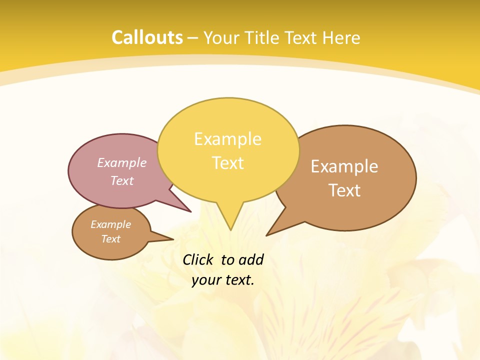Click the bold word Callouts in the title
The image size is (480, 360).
point(147,37)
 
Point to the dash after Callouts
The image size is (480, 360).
point(193,38)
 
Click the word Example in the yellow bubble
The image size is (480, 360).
point(227,139)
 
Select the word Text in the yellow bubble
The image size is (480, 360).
point(227,163)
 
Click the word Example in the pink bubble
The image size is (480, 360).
point(122,162)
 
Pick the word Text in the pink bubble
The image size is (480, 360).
point(122,180)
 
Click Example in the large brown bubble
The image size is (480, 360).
point(344,166)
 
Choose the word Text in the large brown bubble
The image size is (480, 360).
point(344,190)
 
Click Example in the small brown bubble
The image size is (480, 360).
point(111,224)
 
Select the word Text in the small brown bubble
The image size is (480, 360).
point(111,239)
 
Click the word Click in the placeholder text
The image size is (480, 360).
point(198,259)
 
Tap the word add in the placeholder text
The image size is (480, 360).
point(251,259)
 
